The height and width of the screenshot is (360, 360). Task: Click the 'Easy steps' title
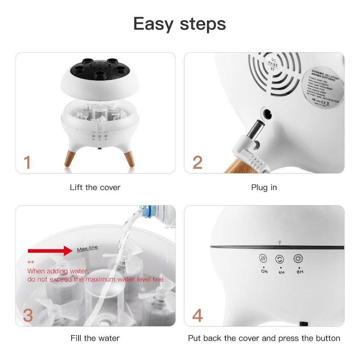pyautogui.click(x=180, y=24)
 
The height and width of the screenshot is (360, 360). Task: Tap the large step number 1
pyautogui.click(x=27, y=162)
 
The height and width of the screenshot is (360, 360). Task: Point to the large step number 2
pyautogui.click(x=198, y=162)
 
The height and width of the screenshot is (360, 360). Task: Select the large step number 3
pyautogui.click(x=28, y=315)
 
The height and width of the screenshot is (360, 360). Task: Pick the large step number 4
pyautogui.click(x=197, y=315)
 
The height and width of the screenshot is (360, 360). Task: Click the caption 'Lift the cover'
pyautogui.click(x=95, y=188)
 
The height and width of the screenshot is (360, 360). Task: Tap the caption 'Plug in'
pyautogui.click(x=264, y=188)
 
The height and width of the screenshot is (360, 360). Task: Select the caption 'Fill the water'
pyautogui.click(x=95, y=338)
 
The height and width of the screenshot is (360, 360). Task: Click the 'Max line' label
pyautogui.click(x=87, y=249)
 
